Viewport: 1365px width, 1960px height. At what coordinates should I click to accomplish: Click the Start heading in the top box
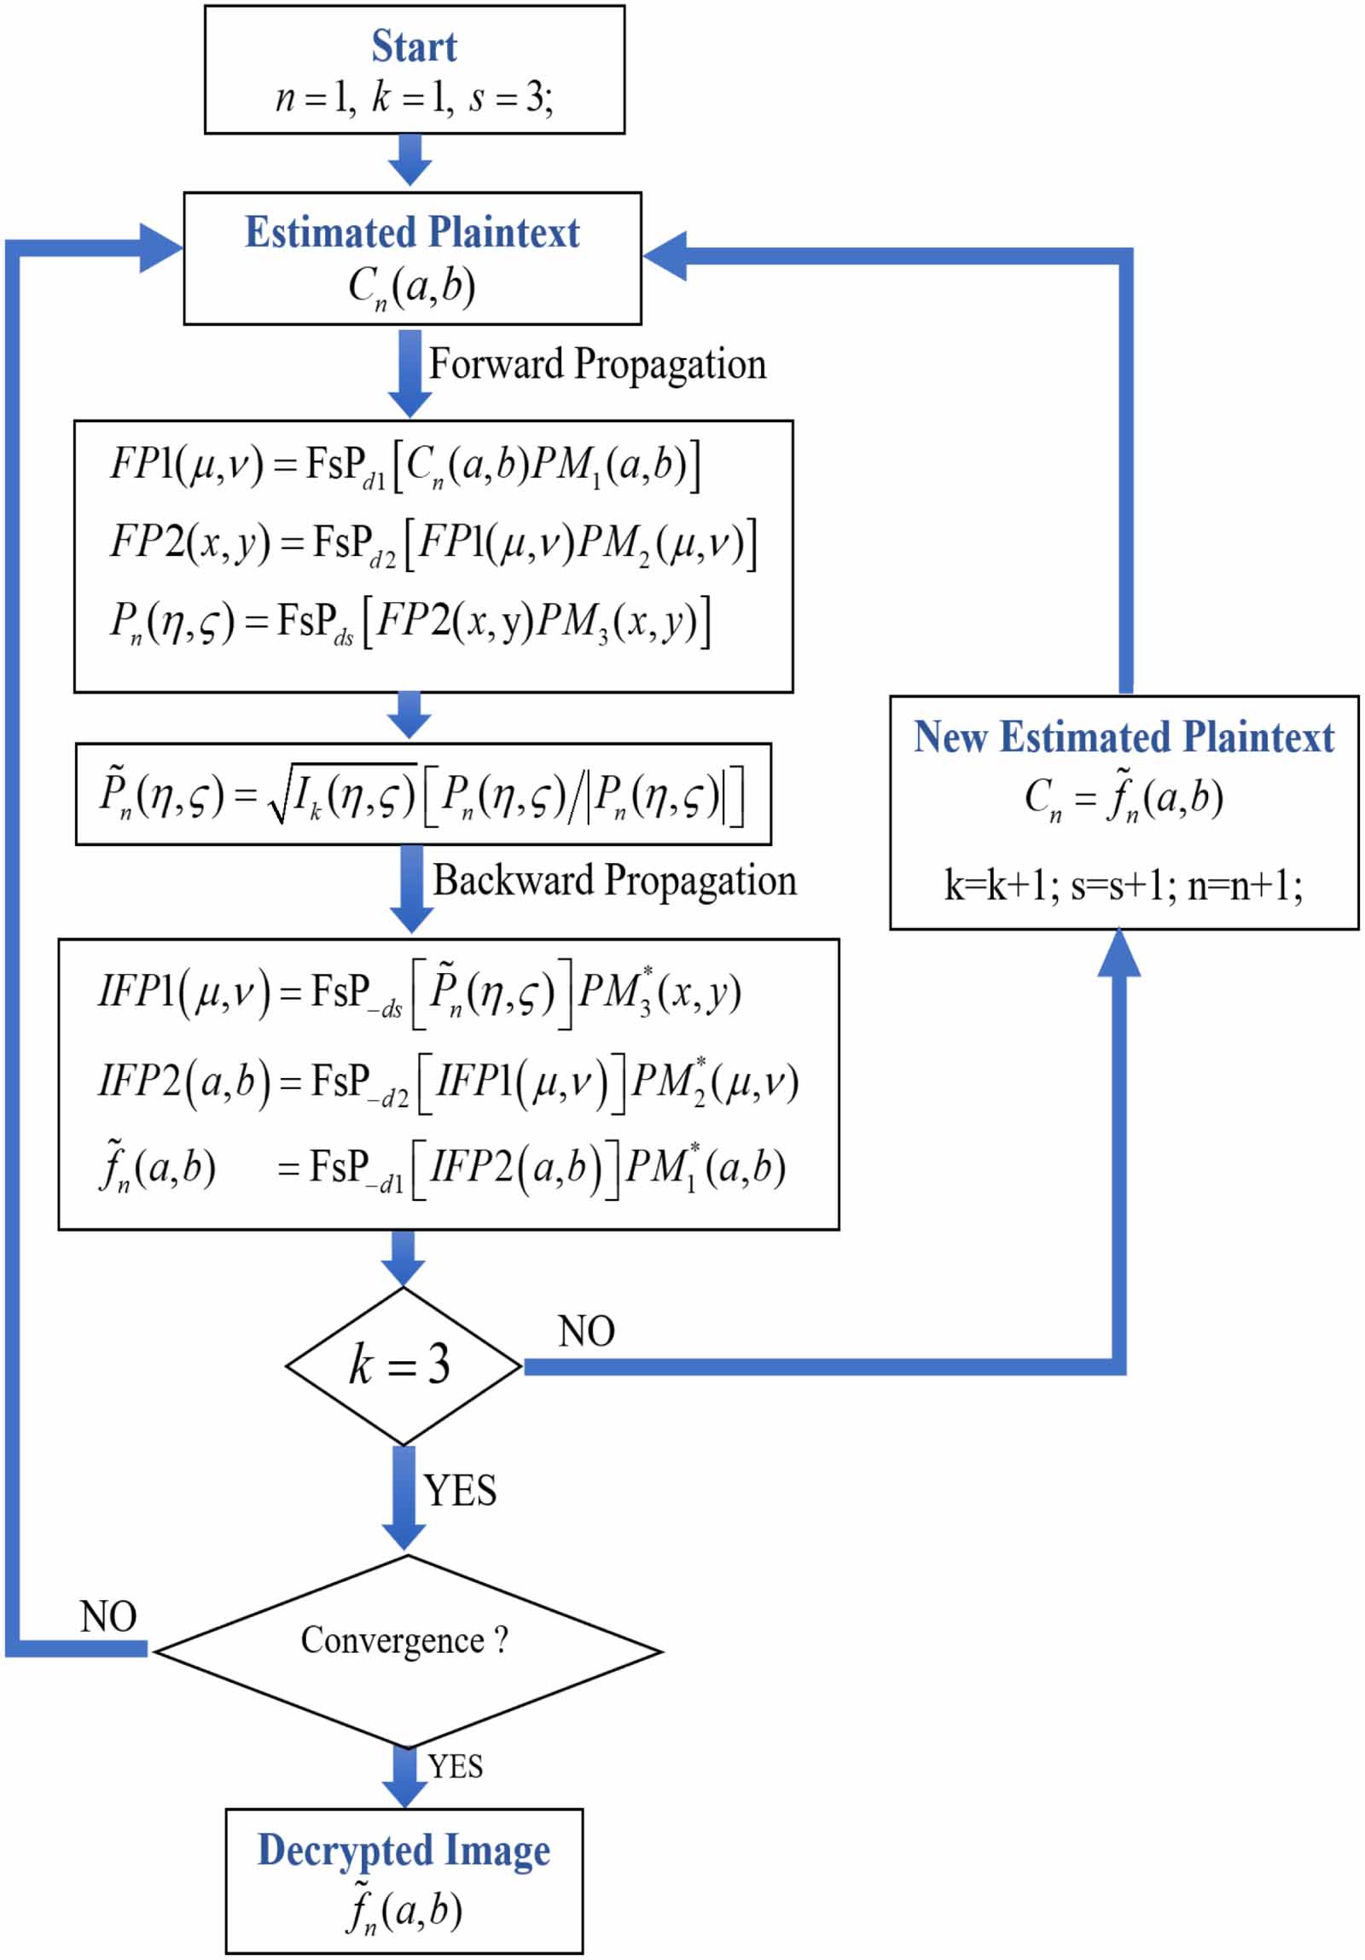tap(414, 46)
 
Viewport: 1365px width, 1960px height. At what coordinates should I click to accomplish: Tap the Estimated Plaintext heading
tap(412, 233)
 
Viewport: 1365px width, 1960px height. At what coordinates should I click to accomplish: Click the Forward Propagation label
tap(596, 364)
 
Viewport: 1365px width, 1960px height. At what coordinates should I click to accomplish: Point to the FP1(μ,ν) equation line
tap(405, 466)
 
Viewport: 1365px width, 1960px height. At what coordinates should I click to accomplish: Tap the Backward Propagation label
tap(613, 881)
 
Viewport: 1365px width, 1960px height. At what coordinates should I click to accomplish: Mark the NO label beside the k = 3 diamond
tap(586, 1331)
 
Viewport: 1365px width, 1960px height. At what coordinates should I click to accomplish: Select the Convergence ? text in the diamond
tap(404, 1640)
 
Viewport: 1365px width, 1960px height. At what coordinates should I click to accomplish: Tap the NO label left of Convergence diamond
tap(108, 1617)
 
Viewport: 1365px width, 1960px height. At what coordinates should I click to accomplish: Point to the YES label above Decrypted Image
tap(455, 1766)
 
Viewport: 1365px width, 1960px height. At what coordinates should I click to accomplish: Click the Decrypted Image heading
tap(404, 1851)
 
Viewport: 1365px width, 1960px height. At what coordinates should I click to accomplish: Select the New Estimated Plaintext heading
tap(1124, 738)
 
